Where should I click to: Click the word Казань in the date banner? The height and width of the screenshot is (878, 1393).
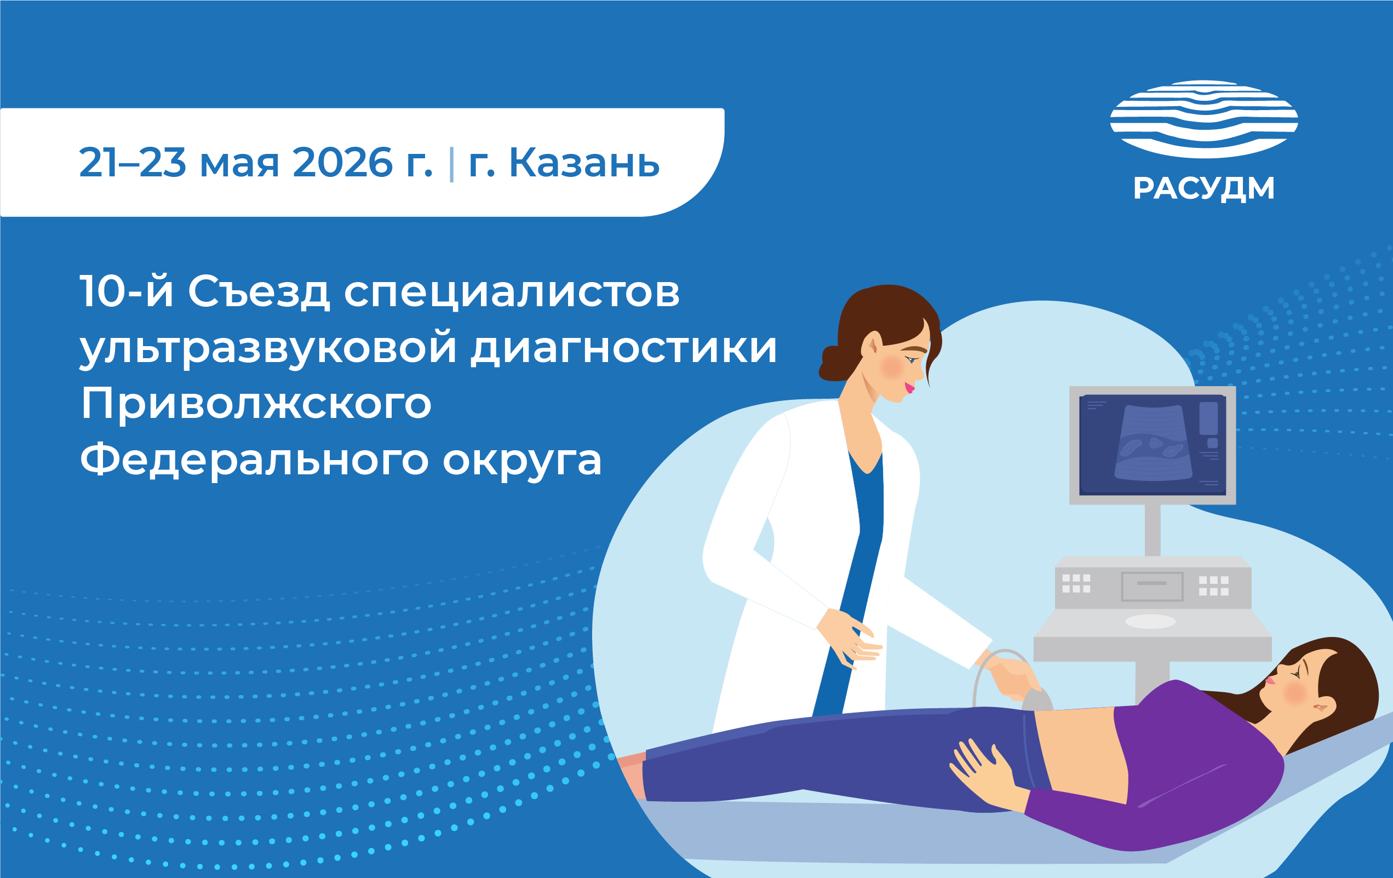(584, 163)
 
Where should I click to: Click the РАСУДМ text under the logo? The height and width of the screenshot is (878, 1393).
(1204, 188)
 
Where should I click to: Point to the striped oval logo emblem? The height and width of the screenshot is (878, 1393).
(1204, 119)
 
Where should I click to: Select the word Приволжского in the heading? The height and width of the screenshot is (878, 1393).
(256, 405)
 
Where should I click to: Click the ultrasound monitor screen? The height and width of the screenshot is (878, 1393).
(1153, 444)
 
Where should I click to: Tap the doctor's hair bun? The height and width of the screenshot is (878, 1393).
(832, 364)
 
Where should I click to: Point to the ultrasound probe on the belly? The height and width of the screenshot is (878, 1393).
(1038, 701)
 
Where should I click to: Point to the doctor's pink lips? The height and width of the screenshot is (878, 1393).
(909, 386)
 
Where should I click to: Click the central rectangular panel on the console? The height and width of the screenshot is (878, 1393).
(1152, 586)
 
